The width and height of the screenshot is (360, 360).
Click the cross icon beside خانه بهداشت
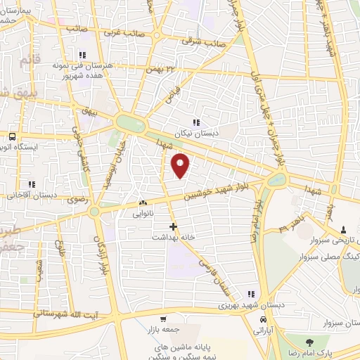pos(174,226)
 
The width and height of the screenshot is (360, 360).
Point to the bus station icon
pos(12,137)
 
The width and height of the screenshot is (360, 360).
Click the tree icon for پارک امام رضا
pos(309,342)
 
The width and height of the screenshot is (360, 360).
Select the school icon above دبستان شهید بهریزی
pos(250,295)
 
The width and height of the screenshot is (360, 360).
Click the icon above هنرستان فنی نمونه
pos(82,54)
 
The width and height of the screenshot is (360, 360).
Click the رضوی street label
pos(76,200)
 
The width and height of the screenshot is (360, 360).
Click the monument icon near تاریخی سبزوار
pos(342,230)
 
